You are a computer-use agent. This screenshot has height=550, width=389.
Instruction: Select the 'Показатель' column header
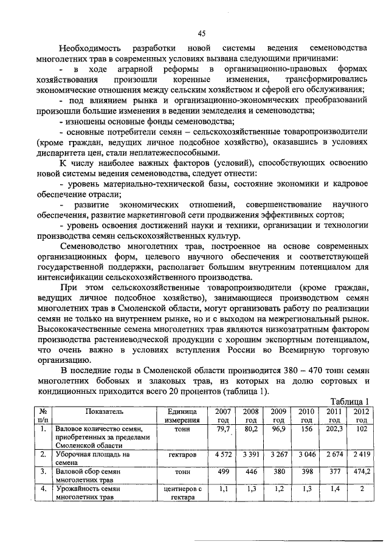point(104,411)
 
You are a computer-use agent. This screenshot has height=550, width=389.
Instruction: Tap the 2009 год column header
point(278,416)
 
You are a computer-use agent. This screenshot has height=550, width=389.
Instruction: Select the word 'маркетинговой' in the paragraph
point(176,214)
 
